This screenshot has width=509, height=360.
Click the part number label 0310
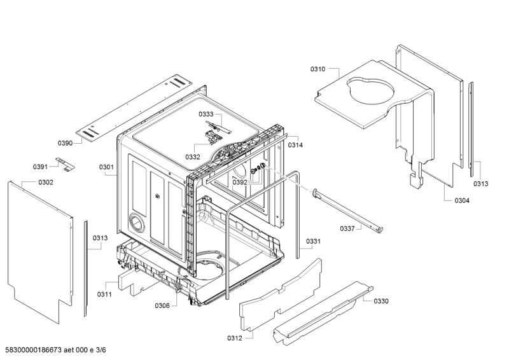click(317, 69)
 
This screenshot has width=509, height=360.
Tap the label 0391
click(41, 167)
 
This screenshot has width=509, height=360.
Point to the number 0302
click(45, 183)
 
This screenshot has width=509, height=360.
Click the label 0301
click(106, 168)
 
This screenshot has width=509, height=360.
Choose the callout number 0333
click(206, 114)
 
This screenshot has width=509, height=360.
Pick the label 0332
click(193, 156)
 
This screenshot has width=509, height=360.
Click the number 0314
click(295, 145)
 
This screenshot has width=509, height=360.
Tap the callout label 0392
click(240, 182)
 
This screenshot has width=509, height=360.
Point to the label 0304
click(462, 200)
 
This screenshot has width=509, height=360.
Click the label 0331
click(313, 241)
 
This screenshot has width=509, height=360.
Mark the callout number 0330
click(381, 301)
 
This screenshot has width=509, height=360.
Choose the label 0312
click(234, 338)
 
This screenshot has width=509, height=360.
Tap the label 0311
click(104, 294)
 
